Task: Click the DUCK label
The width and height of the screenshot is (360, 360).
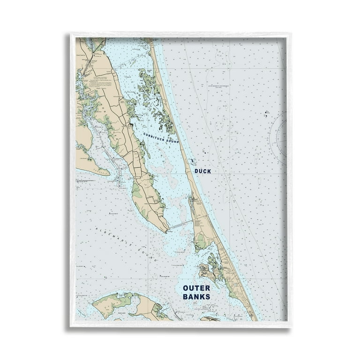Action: click(202, 171)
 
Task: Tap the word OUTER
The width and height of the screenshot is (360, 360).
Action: click(196, 288)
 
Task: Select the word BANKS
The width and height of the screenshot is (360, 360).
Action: click(196, 297)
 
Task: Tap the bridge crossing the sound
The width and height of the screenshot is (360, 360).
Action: click(180, 225)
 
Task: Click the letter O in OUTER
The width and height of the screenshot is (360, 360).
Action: click(186, 288)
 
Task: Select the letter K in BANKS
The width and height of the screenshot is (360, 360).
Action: click(202, 297)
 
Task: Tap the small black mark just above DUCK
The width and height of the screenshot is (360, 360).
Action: click(193, 161)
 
